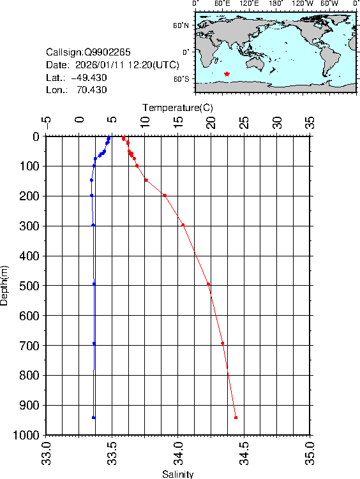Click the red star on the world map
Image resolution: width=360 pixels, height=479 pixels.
point(227,74)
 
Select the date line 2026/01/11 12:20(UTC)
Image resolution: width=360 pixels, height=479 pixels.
point(113,64)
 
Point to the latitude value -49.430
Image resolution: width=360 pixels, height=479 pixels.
point(89,77)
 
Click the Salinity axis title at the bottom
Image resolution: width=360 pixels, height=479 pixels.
point(177,474)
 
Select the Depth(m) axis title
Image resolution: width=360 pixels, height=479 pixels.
point(5,285)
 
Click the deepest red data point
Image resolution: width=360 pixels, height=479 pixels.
point(236,417)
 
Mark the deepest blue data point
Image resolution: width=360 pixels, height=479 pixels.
point(94,417)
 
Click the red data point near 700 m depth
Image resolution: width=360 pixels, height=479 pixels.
point(222,343)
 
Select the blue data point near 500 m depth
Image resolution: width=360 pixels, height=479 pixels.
point(94,284)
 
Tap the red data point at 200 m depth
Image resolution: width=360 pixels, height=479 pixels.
point(165,195)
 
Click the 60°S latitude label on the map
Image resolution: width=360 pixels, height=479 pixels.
point(181,78)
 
